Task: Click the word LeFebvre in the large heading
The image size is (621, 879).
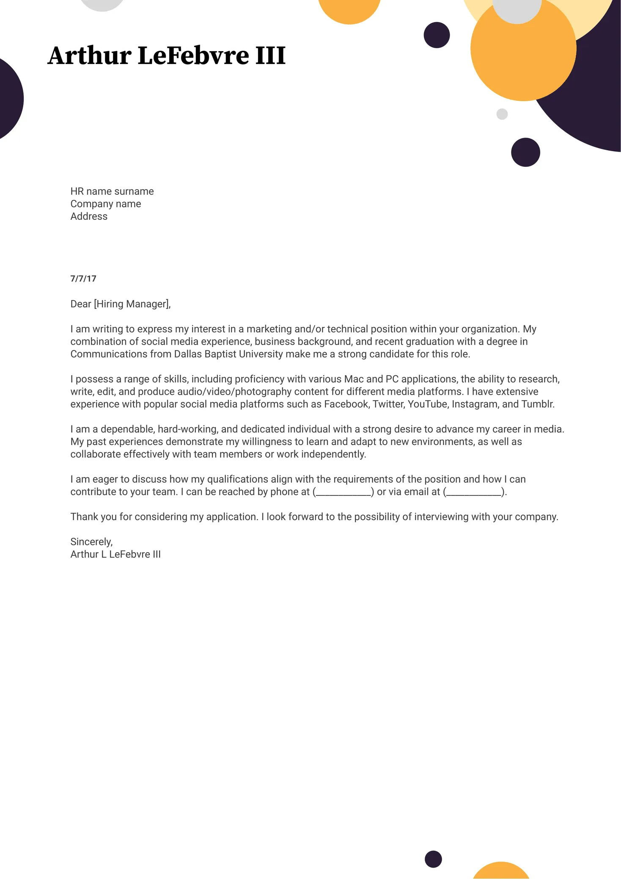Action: tap(193, 55)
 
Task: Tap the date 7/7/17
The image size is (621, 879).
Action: tap(83, 279)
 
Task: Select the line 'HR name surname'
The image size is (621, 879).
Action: tap(112, 191)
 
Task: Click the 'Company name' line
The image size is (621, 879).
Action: tap(106, 204)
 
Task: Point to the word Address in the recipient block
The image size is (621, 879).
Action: tap(89, 216)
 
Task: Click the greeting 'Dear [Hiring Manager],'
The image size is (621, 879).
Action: tap(121, 304)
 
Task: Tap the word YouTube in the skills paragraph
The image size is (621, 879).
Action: tap(427, 404)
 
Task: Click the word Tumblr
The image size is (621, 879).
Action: tap(538, 404)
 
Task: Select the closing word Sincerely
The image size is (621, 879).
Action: tap(91, 542)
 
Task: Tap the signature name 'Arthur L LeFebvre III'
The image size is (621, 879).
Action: tap(115, 554)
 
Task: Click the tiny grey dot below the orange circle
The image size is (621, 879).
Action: tap(502, 114)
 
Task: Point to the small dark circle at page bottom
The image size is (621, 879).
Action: tap(433, 859)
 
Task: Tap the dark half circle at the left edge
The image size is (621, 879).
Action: tap(9, 99)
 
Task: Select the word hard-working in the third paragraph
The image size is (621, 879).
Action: tap(187, 429)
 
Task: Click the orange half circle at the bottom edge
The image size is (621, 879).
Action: tap(501, 871)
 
